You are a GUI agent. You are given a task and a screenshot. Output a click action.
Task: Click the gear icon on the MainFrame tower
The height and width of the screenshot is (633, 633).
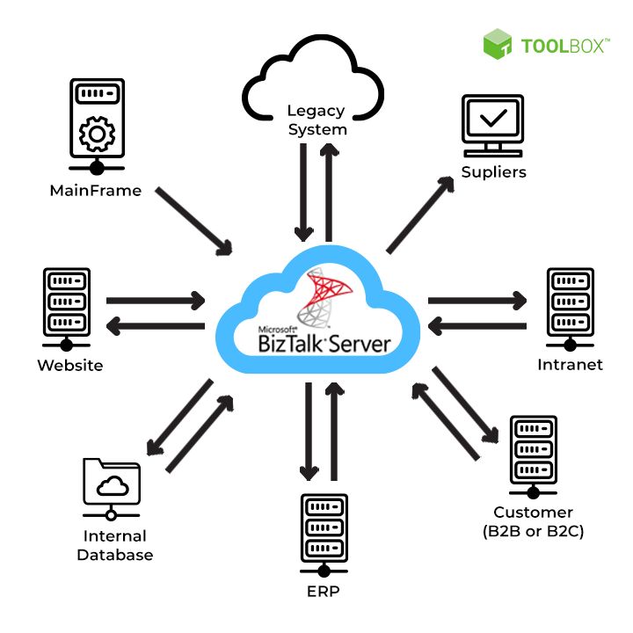pyautogui.click(x=97, y=134)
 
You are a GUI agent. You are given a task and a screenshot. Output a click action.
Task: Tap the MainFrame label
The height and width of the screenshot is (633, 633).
pyautogui.click(x=96, y=191)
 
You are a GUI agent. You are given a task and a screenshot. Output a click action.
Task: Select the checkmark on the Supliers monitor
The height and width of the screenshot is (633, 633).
pyautogui.click(x=493, y=118)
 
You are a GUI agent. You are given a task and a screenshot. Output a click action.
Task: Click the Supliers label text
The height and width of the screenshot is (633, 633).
pyautogui.click(x=494, y=172)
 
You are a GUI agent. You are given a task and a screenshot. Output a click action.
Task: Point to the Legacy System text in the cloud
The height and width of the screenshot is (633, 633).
pyautogui.click(x=316, y=120)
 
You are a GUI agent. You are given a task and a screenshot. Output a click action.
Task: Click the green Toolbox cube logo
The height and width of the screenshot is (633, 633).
pyautogui.click(x=498, y=44)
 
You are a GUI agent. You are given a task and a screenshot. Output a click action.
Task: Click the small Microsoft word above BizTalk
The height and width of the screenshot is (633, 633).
pyautogui.click(x=278, y=330)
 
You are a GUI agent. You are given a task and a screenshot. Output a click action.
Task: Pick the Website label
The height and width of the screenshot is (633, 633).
pyautogui.click(x=70, y=366)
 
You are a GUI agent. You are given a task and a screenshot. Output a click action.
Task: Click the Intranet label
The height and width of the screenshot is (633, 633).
pyautogui.click(x=570, y=365)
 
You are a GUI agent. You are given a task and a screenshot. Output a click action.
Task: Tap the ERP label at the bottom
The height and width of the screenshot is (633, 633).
pyautogui.click(x=324, y=592)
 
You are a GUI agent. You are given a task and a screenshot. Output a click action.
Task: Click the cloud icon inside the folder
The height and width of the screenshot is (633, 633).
pyautogui.click(x=113, y=485)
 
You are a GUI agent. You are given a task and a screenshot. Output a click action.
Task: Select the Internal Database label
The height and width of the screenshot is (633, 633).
pyautogui.click(x=115, y=545)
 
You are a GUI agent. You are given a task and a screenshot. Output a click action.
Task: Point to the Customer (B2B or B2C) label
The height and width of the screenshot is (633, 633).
pyautogui.click(x=534, y=521)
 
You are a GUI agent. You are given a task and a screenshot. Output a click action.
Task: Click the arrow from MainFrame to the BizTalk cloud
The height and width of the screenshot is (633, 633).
pyautogui.click(x=194, y=222)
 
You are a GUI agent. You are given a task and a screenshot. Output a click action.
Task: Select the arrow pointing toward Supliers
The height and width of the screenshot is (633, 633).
pyautogui.click(x=420, y=215)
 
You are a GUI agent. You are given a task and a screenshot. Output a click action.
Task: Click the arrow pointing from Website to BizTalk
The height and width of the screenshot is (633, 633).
pyautogui.click(x=156, y=301)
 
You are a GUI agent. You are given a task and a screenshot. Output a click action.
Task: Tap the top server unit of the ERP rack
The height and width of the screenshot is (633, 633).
pyautogui.click(x=324, y=506)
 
